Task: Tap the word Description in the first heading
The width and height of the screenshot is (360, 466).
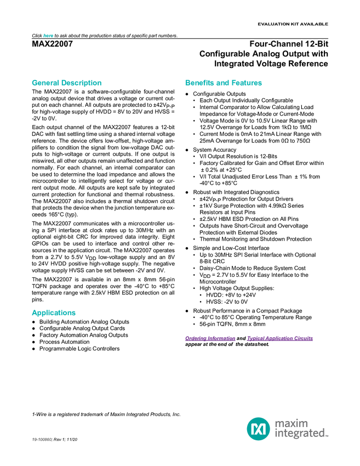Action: pyautogui.click(x=82, y=83)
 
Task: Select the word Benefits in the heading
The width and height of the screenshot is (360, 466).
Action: pyautogui.click(x=198, y=83)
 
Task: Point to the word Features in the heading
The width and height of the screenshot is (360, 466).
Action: pyautogui.click(x=247, y=83)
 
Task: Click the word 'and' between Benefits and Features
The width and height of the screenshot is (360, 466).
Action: pyautogui.click(x=222, y=83)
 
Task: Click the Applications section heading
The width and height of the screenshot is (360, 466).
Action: pyautogui.click(x=53, y=313)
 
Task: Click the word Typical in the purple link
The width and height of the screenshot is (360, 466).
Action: pyautogui.click(x=254, y=339)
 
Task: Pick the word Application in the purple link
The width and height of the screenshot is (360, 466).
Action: pyautogui.click(x=279, y=339)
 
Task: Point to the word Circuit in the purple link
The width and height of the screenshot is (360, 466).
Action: pyautogui.click(x=306, y=339)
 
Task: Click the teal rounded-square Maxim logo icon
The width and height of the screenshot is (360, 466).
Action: pyautogui.click(x=258, y=429)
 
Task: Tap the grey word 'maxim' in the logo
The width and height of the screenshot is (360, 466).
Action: pyautogui.click(x=293, y=423)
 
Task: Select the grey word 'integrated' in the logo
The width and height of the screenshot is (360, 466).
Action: pyautogui.click(x=300, y=434)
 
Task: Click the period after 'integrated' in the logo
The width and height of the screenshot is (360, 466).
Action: pyautogui.click(x=328, y=436)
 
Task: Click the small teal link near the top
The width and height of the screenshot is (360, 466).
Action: pyautogui.click(x=48, y=36)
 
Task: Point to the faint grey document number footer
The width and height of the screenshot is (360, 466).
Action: pyautogui.click(x=41, y=439)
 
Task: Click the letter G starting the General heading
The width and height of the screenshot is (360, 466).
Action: pyautogui.click(x=34, y=83)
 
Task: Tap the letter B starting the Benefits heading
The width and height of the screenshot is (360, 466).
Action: pyautogui.click(x=187, y=83)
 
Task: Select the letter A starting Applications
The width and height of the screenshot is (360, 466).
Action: pyautogui.click(x=34, y=313)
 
